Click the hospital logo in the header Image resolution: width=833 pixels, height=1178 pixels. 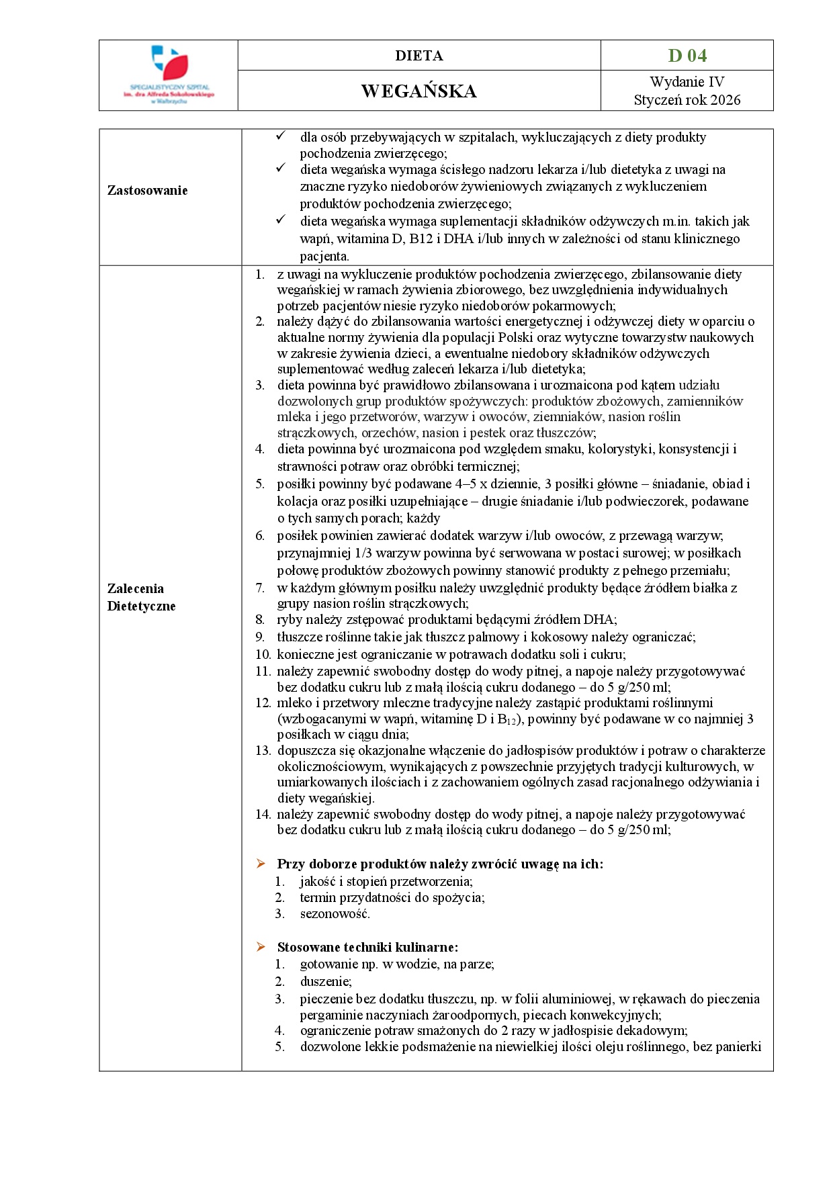(169, 75)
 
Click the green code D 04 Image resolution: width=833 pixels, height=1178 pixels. (687, 56)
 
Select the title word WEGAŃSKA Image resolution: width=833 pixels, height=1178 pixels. (419, 91)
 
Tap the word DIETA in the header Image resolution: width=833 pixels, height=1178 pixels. (419, 56)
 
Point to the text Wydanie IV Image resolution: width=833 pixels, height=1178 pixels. (687, 82)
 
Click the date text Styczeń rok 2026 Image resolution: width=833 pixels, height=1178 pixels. (687, 100)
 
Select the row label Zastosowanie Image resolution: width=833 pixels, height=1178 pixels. (147, 191)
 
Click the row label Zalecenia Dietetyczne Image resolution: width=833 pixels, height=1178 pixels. (141, 597)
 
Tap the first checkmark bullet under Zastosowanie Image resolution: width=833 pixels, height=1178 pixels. (281, 136)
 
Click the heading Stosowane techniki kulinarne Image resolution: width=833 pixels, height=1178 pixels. (367, 948)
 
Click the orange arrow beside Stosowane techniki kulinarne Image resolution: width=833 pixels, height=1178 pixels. (261, 947)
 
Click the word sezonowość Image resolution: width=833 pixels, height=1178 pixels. (335, 914)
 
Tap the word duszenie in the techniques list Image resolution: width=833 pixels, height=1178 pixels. (325, 981)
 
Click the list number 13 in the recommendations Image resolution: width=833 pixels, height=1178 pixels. (263, 751)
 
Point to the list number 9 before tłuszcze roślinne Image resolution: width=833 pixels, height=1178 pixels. (260, 637)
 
